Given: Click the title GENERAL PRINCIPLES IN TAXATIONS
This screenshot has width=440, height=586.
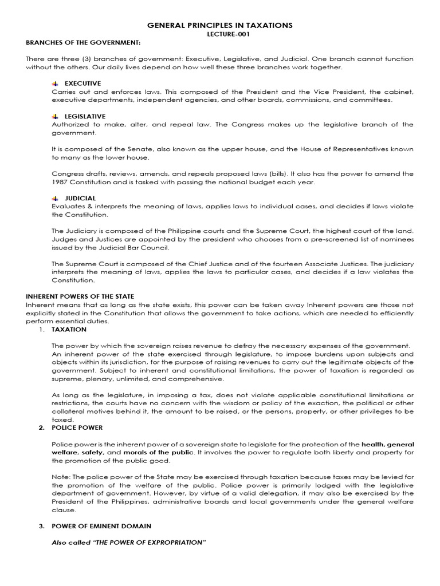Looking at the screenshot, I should pos(220,25).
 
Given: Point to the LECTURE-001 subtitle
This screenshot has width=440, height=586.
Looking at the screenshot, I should pos(220,34).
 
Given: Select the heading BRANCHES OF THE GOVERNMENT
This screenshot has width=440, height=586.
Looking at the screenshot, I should pos(83,43).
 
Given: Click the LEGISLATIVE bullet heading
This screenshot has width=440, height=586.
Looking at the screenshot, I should pos(85,116).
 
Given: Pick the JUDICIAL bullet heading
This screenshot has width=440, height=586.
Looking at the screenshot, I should pos(80,198).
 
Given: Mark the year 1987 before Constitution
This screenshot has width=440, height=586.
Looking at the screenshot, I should pos(60,182).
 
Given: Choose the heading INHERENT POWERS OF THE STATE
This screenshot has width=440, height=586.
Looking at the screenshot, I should pos(80,296).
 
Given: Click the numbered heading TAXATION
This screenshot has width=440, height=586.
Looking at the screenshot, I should pos(69,330).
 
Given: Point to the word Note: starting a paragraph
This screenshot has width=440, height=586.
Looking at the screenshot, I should pos(61,477).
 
